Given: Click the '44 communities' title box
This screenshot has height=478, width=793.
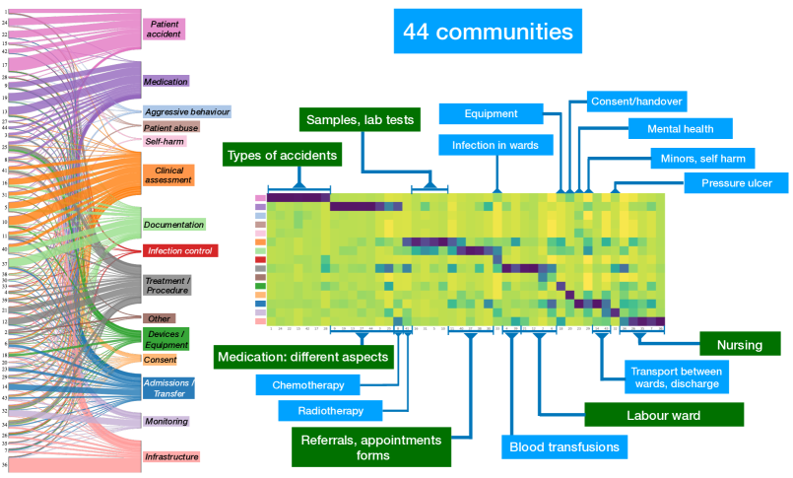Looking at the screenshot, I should (x=488, y=32).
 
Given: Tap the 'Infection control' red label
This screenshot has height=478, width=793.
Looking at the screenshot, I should (x=180, y=250).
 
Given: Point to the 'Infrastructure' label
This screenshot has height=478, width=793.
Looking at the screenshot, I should (x=171, y=456).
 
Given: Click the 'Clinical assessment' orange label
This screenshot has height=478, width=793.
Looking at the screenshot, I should (x=168, y=175).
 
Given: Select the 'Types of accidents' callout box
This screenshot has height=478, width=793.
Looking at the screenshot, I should (x=283, y=155).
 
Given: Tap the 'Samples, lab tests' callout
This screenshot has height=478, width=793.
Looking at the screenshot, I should (x=362, y=119).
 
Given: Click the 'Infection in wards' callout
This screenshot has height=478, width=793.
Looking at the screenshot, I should (x=496, y=145).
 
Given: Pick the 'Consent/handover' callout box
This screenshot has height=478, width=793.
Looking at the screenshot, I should (x=636, y=101).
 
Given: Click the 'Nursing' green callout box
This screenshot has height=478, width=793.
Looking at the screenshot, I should (x=740, y=343).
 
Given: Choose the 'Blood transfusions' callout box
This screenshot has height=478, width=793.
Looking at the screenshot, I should (x=564, y=447).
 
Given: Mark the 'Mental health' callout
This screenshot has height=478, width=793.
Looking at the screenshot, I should (x=682, y=128).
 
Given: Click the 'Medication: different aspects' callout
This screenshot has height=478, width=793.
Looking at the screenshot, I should (x=304, y=356).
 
